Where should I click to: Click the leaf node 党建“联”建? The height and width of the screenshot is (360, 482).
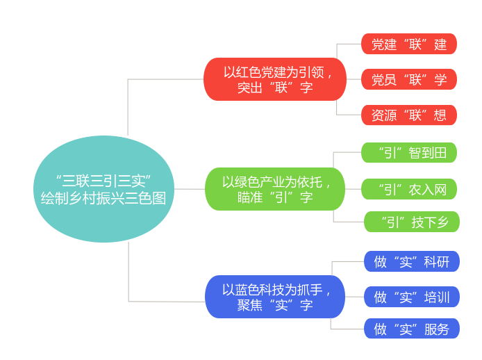pyautogui.click(x=408, y=44)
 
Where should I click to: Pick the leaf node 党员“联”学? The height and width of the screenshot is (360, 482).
pyautogui.click(x=408, y=79)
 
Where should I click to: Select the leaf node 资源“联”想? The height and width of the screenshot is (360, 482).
pyautogui.click(x=408, y=115)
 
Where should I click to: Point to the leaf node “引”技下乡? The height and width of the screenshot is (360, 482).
pyautogui.click(x=411, y=222)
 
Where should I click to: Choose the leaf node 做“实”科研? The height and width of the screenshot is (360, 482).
pyautogui.click(x=411, y=261)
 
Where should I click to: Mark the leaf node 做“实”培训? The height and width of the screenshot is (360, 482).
pyautogui.click(x=411, y=297)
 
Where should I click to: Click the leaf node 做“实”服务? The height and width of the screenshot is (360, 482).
pyautogui.click(x=411, y=329)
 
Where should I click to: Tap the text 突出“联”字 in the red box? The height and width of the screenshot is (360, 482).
pyautogui.click(x=274, y=88)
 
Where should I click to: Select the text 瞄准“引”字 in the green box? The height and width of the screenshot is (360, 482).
pyautogui.click(x=274, y=197)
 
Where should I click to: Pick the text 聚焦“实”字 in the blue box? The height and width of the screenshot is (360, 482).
pyautogui.click(x=274, y=306)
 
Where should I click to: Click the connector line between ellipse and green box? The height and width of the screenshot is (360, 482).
pyautogui.click(x=189, y=189)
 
